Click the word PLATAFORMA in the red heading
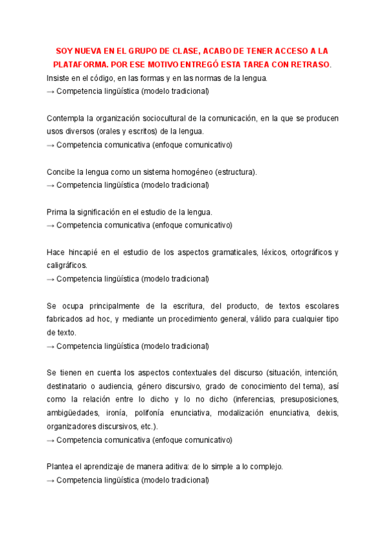81,65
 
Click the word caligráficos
67,265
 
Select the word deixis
327,413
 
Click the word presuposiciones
306,400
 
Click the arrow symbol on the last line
51,479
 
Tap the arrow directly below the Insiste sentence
51,91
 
